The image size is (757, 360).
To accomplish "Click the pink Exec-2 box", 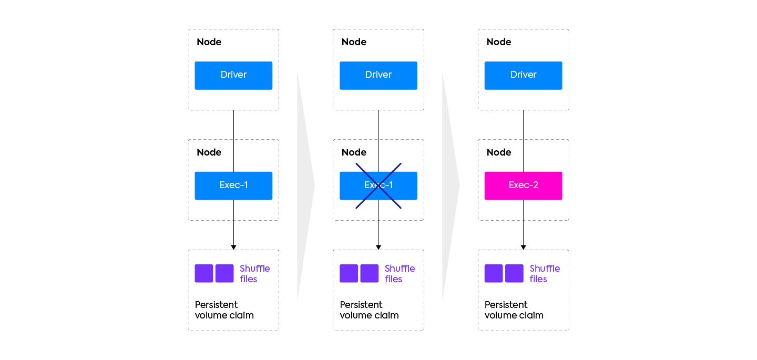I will (523, 186).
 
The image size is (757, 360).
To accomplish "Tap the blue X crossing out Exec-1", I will (378, 186).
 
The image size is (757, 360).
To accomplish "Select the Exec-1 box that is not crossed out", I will (233, 186).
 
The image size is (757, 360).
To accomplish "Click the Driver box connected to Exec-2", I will (523, 75).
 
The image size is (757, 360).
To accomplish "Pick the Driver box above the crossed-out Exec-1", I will (378, 75).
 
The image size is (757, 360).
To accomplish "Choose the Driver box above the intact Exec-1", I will (233, 75).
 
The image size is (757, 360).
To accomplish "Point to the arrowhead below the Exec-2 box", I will (523, 247).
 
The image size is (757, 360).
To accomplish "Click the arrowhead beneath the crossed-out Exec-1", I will (378, 247).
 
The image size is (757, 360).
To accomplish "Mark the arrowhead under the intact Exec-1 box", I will (233, 247).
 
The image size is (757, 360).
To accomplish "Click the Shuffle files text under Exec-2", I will (544, 273).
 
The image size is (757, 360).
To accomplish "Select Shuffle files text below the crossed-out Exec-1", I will (400, 273).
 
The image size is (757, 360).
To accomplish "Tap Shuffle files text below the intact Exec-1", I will (254, 273).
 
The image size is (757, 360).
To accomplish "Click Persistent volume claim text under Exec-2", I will (514, 310).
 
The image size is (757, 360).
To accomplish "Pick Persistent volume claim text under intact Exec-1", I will (224, 310).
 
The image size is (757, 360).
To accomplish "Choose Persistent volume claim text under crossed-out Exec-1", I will (369, 310).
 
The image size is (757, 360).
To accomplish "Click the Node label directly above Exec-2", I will (499, 152).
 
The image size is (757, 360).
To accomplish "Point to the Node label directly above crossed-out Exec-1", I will (354, 152).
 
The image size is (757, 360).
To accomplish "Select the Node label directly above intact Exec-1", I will (209, 152).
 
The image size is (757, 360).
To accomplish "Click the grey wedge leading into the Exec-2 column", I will (450, 186).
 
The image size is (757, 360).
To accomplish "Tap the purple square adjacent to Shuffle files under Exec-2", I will (514, 273).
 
